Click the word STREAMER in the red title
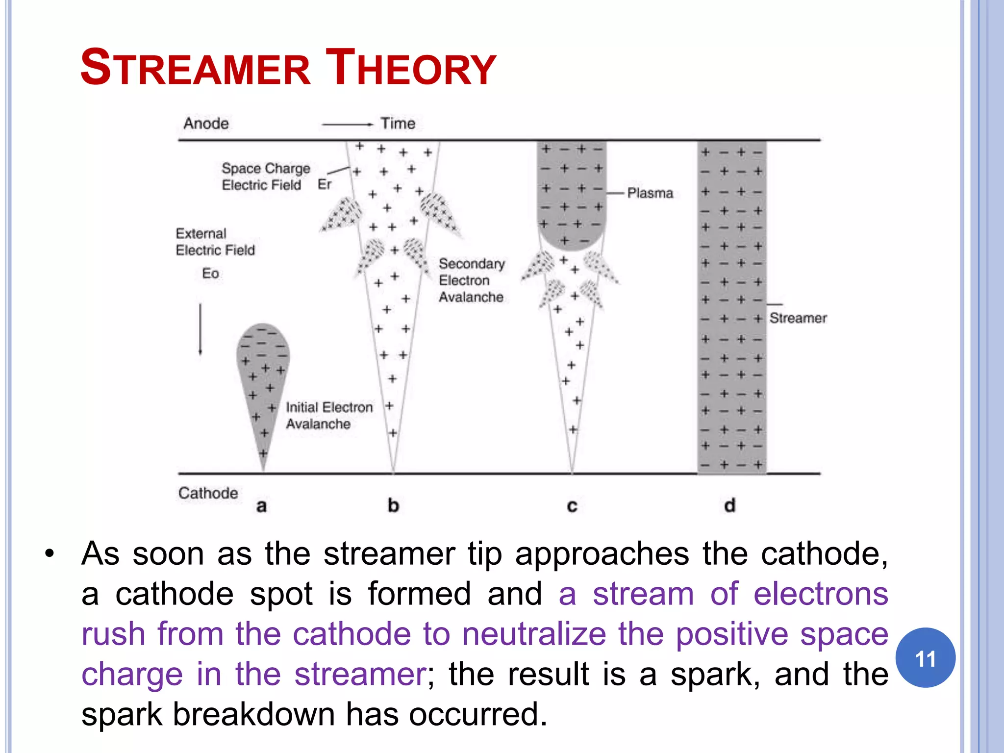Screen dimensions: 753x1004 pos(195,68)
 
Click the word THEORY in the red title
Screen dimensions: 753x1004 pos(411,68)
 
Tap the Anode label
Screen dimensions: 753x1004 pos(206,123)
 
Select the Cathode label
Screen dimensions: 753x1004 pos(208,493)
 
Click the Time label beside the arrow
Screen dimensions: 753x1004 pos(398,123)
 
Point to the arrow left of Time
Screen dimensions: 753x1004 pos(347,125)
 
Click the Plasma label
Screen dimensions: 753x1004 pos(650,193)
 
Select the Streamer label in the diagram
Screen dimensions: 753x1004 pos(798,318)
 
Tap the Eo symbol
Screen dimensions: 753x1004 pos(210,273)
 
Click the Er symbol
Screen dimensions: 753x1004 pos(325,184)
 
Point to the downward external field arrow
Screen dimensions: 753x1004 pos(200,329)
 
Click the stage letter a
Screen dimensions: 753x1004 pos(261,505)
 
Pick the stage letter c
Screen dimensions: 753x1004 pos(572,505)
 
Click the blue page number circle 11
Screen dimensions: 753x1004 pos(925,658)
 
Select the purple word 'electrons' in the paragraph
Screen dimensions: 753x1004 pos(821,594)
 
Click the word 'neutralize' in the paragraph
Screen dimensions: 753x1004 pos(534,634)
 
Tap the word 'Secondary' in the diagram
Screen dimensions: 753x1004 pos(472,264)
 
